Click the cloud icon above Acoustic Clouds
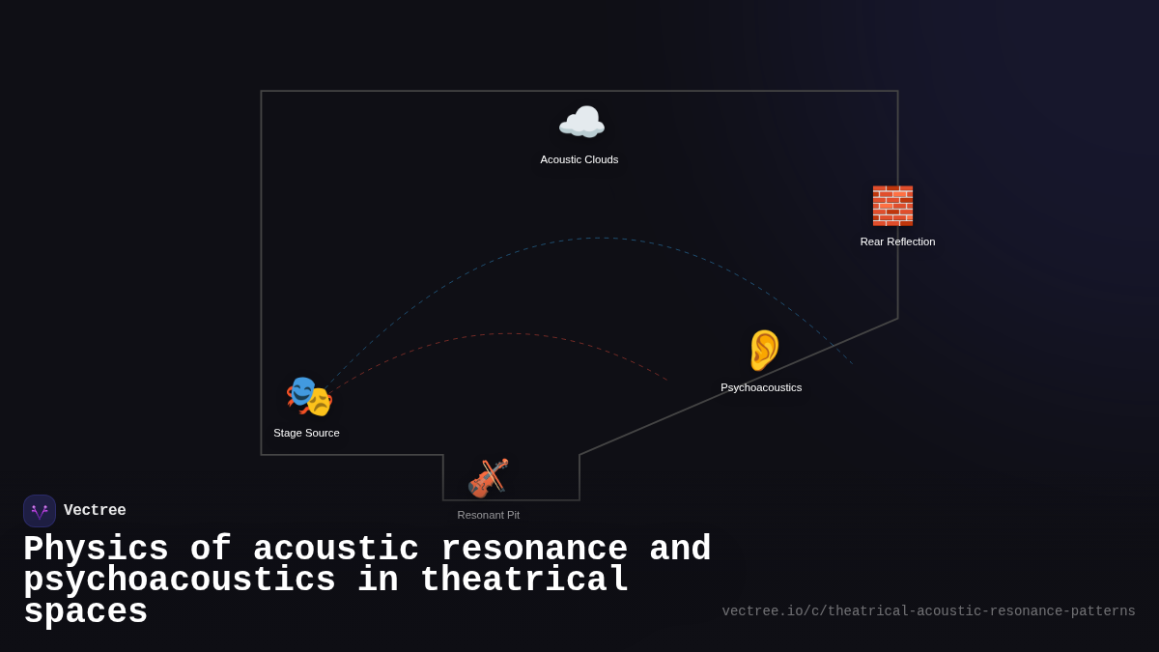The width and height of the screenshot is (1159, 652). point(581,123)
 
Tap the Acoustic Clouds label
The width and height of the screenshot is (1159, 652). point(579,159)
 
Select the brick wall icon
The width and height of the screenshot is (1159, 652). point(892,206)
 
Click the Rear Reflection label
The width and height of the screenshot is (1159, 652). point(897,241)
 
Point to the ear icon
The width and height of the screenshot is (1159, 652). point(763,350)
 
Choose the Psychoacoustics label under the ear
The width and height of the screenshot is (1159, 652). point(761,387)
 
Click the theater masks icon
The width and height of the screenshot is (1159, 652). point(309,396)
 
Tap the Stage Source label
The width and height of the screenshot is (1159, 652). point(306,433)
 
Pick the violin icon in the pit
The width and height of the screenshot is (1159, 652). point(488,478)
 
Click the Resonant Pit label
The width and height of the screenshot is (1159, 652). point(488,515)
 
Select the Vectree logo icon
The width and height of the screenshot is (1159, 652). point(40,511)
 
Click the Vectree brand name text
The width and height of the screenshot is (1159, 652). point(95,511)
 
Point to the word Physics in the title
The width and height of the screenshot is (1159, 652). point(96,550)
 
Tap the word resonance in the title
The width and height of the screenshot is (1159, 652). point(534,550)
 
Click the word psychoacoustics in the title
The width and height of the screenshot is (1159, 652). point(180,581)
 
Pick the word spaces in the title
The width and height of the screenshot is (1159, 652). point(85,612)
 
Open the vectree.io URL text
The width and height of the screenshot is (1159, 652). point(928,611)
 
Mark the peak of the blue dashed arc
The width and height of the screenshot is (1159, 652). point(599,238)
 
